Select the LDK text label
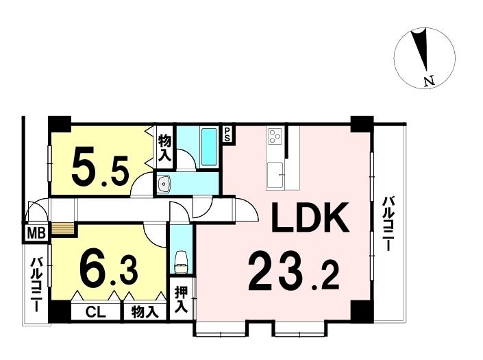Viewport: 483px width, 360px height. coord(310,217)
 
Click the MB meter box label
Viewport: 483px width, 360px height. coord(37,232)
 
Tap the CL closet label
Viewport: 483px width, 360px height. coord(95,313)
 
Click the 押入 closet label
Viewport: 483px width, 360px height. coord(182,299)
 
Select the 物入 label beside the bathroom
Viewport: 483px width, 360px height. coord(164,148)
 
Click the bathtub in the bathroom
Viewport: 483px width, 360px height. coord(209,147)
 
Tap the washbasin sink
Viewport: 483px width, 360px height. coord(163,184)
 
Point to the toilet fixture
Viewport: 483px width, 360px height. coord(181,262)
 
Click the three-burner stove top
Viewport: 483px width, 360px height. coord(275,136)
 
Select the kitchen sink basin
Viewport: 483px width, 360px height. coord(275,175)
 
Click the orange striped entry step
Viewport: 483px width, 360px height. coord(64,229)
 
